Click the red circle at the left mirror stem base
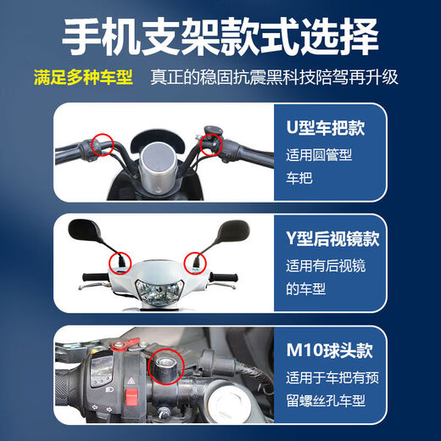pyautogui.click(x=117, y=259)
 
